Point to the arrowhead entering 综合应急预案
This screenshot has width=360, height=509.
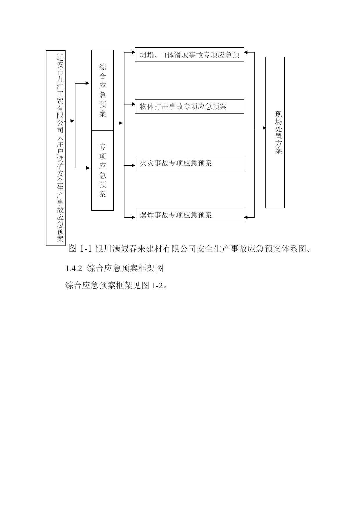tap(87, 83)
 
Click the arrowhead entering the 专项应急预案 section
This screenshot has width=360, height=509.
tap(88, 168)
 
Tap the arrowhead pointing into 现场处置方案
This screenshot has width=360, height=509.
tap(264, 128)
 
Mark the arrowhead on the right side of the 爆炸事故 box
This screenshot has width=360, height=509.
tap(246, 217)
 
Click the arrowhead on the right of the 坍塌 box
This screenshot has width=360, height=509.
tap(246, 52)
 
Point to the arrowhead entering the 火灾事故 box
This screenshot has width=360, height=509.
tap(133, 165)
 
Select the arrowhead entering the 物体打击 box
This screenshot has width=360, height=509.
tap(133, 104)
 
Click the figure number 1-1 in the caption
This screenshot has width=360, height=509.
tap(86, 248)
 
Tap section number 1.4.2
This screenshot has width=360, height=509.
tap(73, 268)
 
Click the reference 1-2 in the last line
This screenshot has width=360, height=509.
tap(157, 286)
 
